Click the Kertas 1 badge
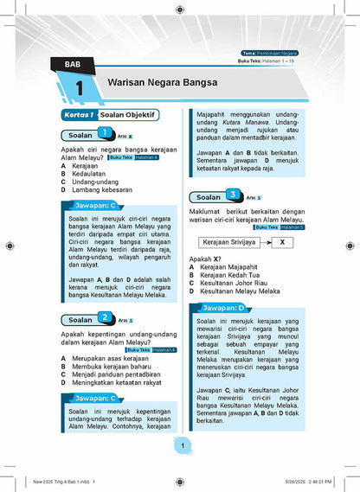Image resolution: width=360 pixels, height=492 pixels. pyautogui.click(x=76, y=114)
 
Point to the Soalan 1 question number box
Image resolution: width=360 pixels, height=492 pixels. pyautogui.click(x=104, y=133)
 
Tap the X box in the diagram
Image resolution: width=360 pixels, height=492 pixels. pyautogui.click(x=282, y=242)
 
